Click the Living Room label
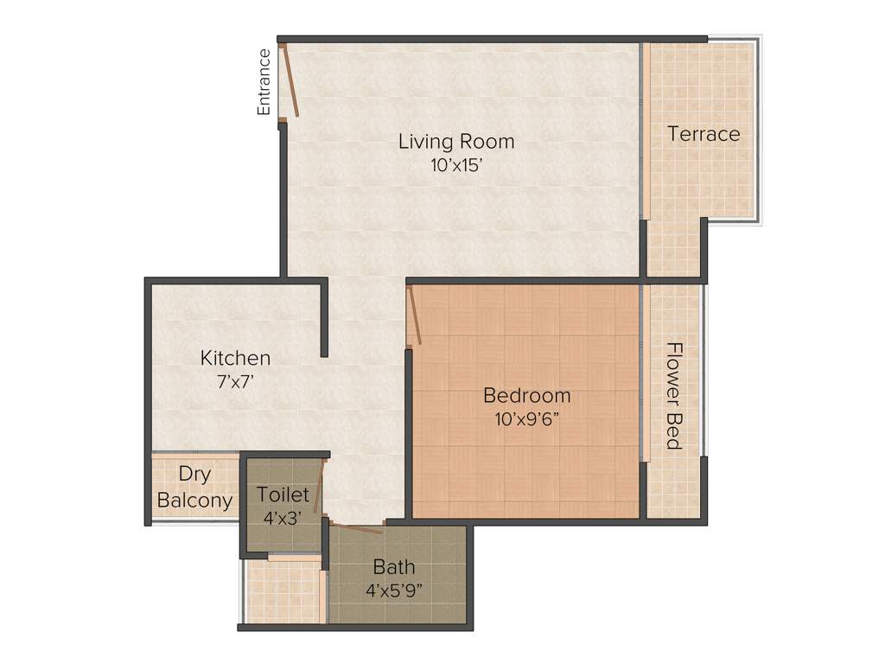click(455, 141)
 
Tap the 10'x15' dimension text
click(455, 165)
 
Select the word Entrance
click(264, 82)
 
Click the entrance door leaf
click(291, 82)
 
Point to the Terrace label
click(704, 134)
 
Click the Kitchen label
click(235, 358)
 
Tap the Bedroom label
click(526, 396)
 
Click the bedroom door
click(415, 317)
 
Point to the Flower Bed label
click(675, 396)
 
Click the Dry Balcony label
click(194, 488)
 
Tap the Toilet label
click(283, 495)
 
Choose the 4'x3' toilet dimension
click(283, 517)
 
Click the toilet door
click(319, 488)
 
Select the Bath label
click(394, 568)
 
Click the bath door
click(356, 527)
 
